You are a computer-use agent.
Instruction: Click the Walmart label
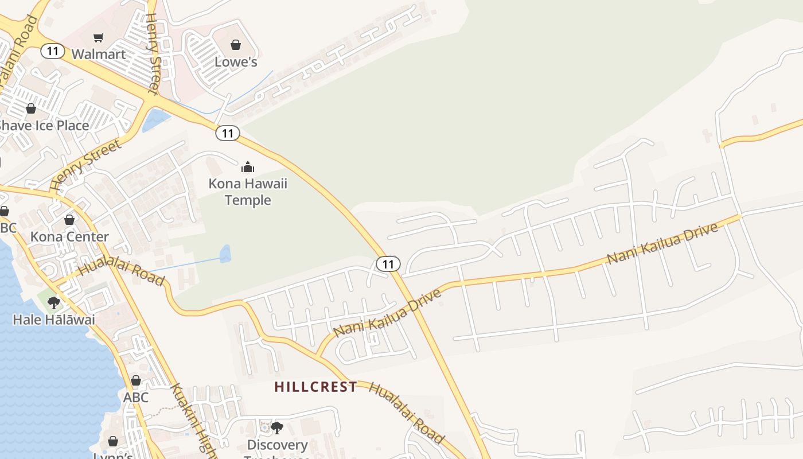[98, 55]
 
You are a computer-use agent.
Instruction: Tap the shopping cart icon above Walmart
[98, 38]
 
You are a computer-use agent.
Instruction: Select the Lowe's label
[236, 62]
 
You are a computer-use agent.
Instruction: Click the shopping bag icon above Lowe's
[236, 45]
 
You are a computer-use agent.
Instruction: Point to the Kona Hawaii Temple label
[248, 192]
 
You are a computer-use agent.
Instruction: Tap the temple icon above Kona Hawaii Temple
[248, 167]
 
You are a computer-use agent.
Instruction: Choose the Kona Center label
[69, 237]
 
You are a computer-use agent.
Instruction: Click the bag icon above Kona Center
[69, 220]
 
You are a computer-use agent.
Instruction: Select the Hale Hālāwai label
[54, 320]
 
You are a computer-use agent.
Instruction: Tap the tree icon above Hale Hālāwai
[54, 302]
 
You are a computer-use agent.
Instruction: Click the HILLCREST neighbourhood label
[315, 387]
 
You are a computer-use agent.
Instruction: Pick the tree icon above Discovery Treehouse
[277, 427]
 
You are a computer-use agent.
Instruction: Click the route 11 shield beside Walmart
[52, 51]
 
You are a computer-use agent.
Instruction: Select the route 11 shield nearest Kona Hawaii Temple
[228, 133]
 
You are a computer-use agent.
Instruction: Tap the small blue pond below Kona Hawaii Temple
[225, 254]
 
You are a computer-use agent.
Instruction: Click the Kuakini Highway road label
[192, 422]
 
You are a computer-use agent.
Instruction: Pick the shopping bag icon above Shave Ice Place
[31, 108]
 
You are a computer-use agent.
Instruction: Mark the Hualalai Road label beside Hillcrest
[406, 412]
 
